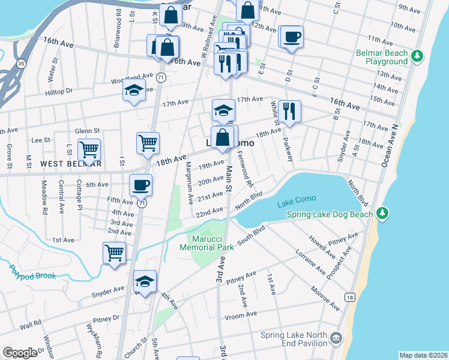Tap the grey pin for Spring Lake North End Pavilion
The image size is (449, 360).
point(336,339)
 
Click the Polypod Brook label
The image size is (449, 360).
point(32,275)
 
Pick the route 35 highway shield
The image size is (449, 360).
point(21,63)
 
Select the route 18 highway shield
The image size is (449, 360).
point(350,297)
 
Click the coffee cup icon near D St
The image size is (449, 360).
point(292,37)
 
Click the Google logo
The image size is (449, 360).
point(19,352)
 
